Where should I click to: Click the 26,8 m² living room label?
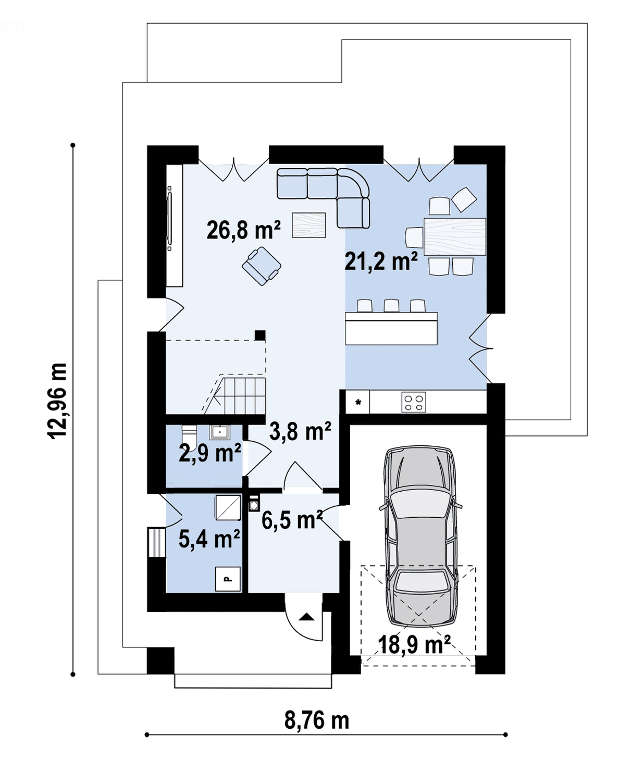[243, 230]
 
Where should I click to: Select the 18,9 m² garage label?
[414, 644]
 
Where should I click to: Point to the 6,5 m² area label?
[292, 520]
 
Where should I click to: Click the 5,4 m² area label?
[209, 539]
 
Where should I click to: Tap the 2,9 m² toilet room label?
[210, 453]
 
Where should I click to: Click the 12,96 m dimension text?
[57, 401]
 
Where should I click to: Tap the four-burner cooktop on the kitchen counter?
[414, 402]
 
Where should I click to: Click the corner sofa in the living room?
[324, 198]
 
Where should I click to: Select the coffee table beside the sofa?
[308, 225]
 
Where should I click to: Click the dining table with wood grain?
[455, 236]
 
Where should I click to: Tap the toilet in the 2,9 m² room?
[189, 436]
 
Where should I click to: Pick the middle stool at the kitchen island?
[391, 306]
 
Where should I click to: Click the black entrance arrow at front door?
[306, 617]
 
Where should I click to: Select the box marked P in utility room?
[228, 579]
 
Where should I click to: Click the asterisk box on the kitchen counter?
[357, 402]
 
